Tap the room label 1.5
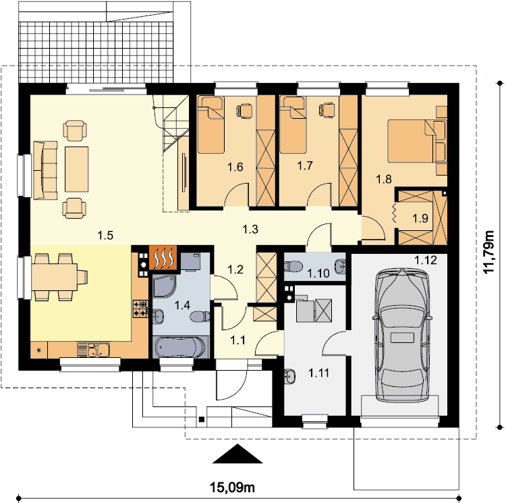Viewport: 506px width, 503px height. (x=105, y=236)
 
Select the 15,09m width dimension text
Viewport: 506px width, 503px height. (x=232, y=487)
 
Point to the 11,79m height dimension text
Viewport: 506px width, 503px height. (x=489, y=251)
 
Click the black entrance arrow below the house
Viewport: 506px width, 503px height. (x=237, y=454)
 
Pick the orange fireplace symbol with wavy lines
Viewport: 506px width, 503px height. (x=163, y=257)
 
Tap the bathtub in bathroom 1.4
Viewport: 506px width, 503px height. (x=180, y=348)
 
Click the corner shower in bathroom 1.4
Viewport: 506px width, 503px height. (x=164, y=286)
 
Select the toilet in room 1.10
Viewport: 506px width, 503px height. (x=293, y=266)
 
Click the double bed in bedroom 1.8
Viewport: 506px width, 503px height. (x=417, y=141)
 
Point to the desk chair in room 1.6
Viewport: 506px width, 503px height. (x=245, y=110)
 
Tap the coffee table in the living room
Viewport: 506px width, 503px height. (x=77, y=169)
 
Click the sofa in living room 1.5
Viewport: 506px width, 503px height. (x=45, y=170)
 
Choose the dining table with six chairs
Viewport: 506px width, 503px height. (x=55, y=277)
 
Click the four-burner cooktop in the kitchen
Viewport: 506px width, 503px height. (x=140, y=309)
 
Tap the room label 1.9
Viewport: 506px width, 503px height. (x=420, y=218)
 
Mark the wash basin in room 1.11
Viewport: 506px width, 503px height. (x=289, y=377)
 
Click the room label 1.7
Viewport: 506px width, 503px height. (x=305, y=165)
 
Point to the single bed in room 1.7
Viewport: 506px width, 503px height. (x=293, y=124)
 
